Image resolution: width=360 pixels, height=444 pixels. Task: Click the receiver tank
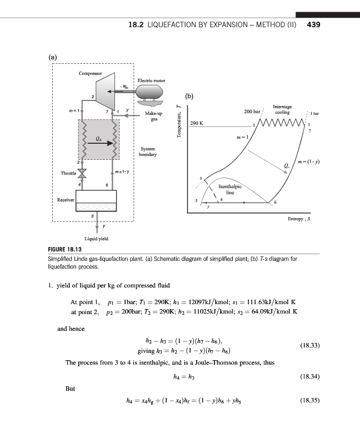coord(96,200)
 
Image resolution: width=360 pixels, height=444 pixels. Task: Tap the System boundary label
coord(148,152)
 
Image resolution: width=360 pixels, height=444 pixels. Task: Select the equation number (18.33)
coord(310,345)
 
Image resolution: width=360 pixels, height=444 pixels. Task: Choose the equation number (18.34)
coord(310,380)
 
